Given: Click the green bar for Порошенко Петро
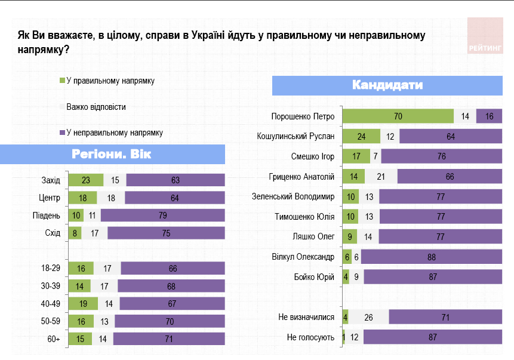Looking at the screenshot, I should pyautogui.click(x=398, y=116).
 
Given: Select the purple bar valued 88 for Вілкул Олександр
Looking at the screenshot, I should pyautogui.click(x=430, y=257).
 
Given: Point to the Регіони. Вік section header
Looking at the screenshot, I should pyautogui.click(x=112, y=154).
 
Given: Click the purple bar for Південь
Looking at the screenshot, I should pyautogui.click(x=162, y=215).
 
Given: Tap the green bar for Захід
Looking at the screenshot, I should pyautogui.click(x=86, y=180).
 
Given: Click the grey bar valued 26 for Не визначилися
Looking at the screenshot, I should pyautogui.click(x=368, y=318).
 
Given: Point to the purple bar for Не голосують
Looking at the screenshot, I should pyautogui.click(x=430, y=337).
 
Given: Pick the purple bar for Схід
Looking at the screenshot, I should pyautogui.click(x=166, y=232).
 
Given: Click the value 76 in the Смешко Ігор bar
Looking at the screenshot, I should pyautogui.click(x=441, y=156).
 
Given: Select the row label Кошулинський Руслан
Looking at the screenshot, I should pyautogui.click(x=295, y=136).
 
